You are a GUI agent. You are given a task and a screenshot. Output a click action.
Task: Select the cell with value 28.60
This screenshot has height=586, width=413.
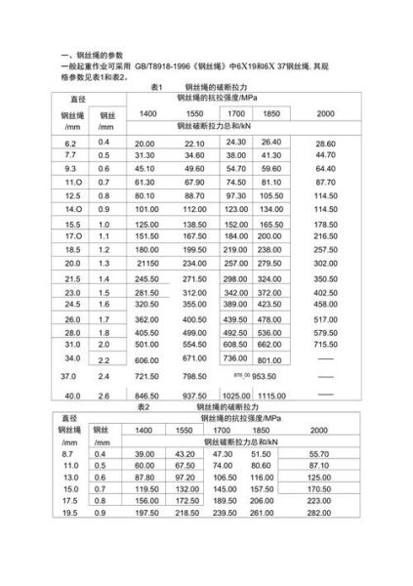[325, 143]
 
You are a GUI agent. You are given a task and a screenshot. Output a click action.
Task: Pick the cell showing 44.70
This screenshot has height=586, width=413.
[325, 155]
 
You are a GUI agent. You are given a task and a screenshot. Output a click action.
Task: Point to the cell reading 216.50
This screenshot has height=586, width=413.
[325, 236]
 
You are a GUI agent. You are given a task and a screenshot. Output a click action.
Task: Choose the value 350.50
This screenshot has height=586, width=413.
[325, 278]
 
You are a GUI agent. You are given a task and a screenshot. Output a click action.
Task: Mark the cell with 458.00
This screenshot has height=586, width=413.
[325, 304]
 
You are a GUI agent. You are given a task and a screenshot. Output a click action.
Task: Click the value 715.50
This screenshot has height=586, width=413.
[325, 345]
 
